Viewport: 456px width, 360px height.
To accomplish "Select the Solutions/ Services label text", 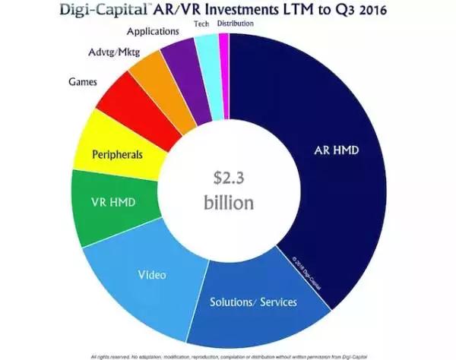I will pos(254,302).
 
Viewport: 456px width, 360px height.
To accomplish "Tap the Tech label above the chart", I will pos(201,24).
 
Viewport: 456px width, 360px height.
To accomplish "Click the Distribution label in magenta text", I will pos(236,24).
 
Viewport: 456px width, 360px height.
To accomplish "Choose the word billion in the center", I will pos(227,203).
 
